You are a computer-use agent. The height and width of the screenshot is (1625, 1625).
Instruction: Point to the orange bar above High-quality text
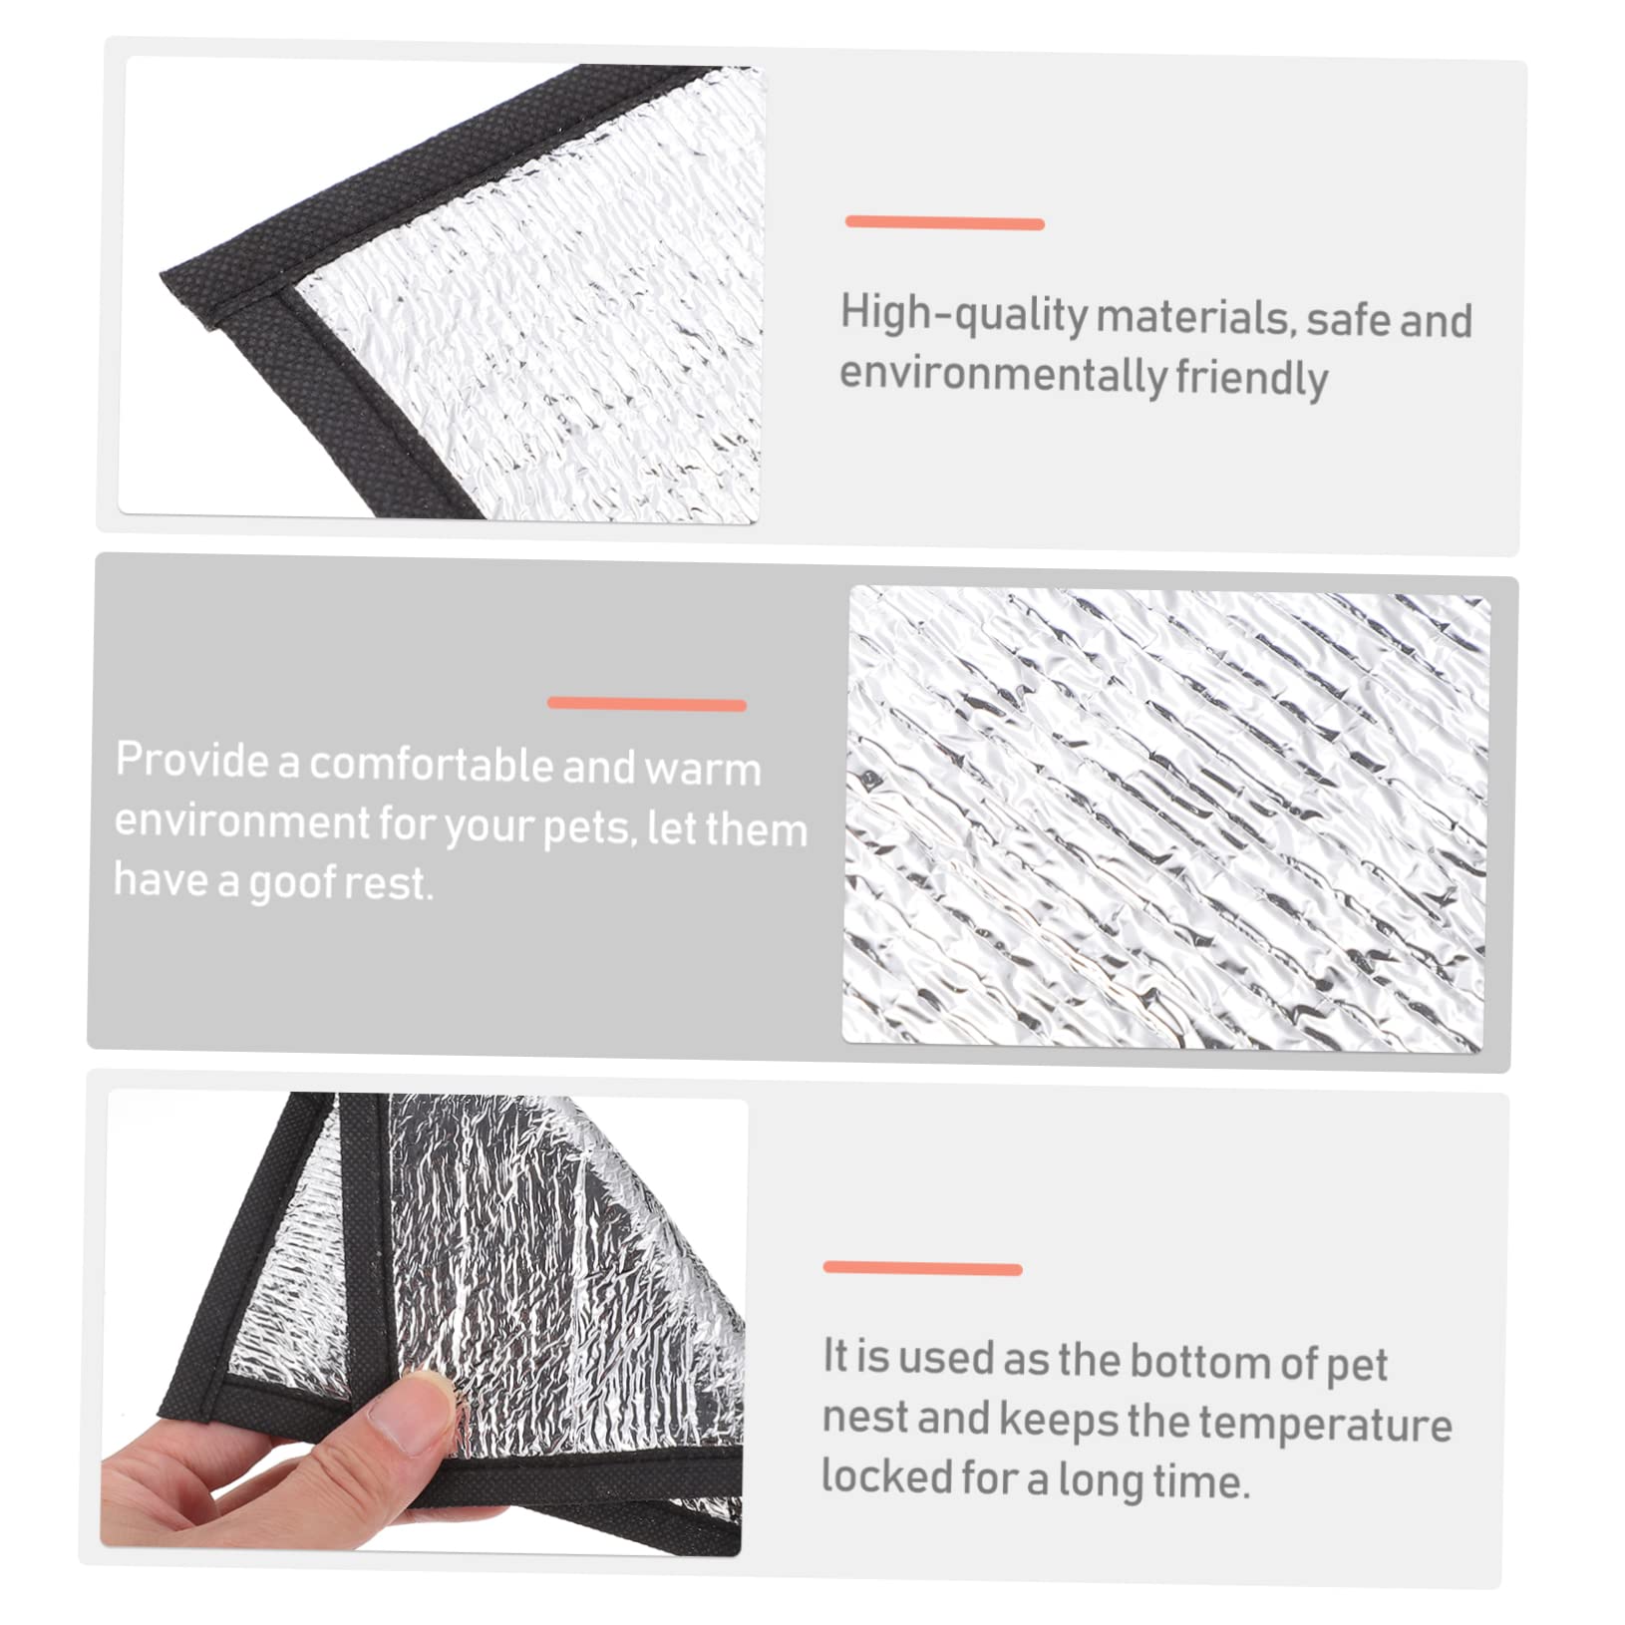[944, 223]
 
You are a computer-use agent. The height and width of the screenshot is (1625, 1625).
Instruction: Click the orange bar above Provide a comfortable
[646, 704]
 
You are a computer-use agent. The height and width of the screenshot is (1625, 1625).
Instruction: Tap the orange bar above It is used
[922, 1268]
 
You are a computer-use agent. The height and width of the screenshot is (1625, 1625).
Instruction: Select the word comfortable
[430, 766]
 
